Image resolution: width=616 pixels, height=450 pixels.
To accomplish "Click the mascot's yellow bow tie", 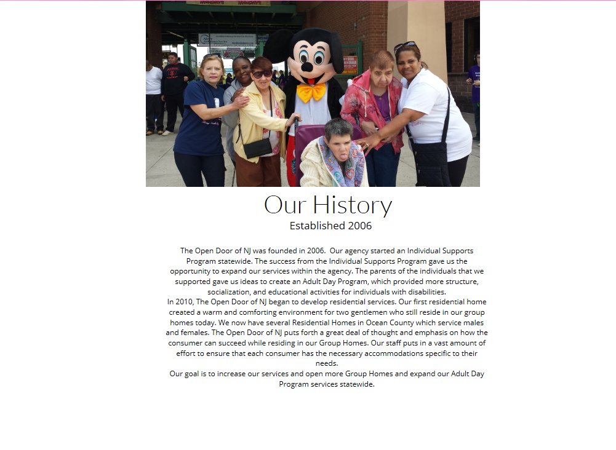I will point(311,92).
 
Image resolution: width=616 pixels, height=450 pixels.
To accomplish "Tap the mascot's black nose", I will point(306,68).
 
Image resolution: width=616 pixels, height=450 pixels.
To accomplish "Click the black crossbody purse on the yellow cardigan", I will point(257,148).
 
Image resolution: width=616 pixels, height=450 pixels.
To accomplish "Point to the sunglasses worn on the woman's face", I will point(262,74).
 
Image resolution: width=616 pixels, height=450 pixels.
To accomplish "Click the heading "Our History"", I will point(328,205).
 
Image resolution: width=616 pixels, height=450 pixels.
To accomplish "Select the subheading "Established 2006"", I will point(330,226).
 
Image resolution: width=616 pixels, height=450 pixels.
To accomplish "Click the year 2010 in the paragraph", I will point(184,302).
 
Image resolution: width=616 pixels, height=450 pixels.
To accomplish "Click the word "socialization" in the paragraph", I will point(229,292).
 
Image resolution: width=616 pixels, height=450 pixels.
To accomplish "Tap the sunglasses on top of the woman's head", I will point(404,45).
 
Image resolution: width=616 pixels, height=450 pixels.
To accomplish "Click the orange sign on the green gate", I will point(350,65).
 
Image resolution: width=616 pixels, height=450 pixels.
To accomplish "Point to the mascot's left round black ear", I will point(278,45).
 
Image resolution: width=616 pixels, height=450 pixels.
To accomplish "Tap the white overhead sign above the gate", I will point(227,39).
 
